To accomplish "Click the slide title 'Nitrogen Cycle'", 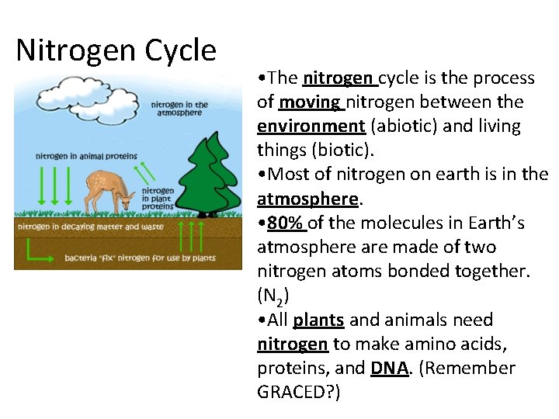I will [x=116, y=50].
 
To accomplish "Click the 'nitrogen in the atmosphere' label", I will [x=179, y=109].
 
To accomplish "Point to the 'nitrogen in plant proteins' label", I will [x=158, y=199].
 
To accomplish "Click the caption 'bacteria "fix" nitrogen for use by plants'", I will [x=140, y=257].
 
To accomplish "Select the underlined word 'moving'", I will [x=309, y=102].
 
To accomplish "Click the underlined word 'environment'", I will [x=311, y=126].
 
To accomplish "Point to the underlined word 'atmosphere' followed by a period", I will [x=307, y=199].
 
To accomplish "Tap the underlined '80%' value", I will [x=285, y=223].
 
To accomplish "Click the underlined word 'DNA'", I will [x=389, y=368].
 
